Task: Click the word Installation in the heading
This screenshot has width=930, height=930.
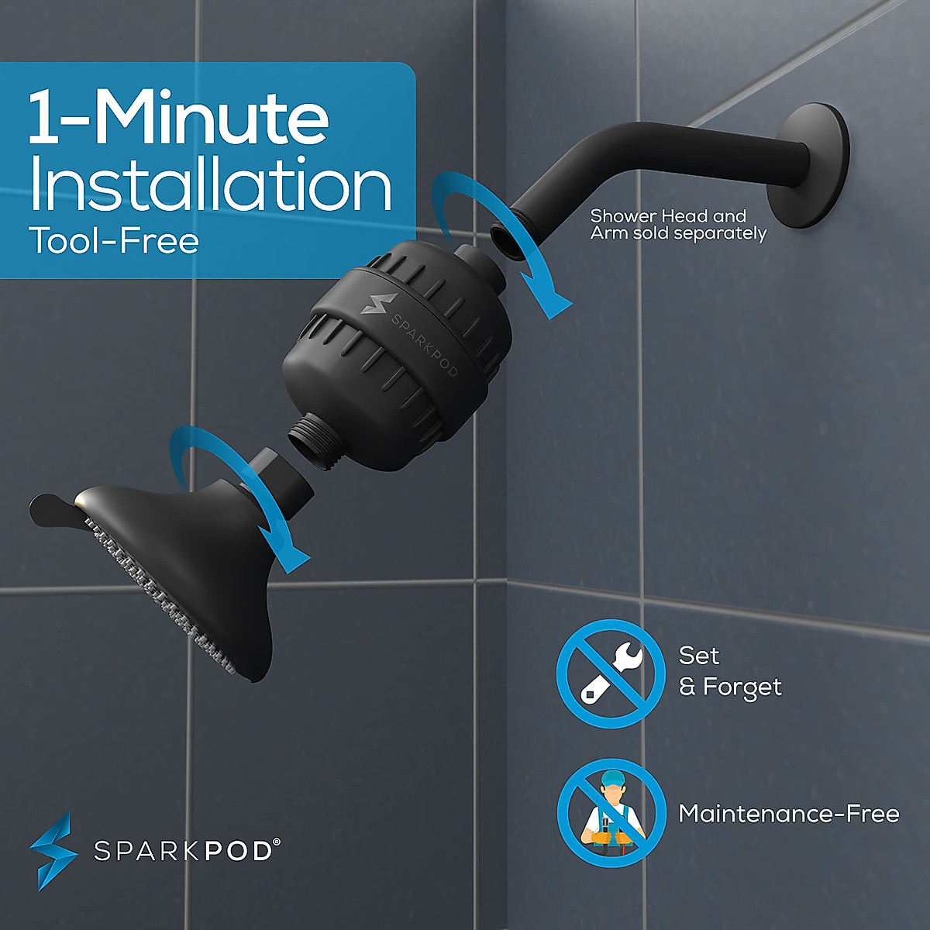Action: coord(209,185)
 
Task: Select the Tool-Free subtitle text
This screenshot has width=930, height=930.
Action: coord(114,241)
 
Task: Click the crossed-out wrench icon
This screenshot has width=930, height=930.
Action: coord(611,673)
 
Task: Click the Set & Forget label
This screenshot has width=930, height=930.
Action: coord(729,671)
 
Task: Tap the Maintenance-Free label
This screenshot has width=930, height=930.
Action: coord(788,813)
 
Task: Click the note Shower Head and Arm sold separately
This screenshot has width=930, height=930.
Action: coord(678,225)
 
